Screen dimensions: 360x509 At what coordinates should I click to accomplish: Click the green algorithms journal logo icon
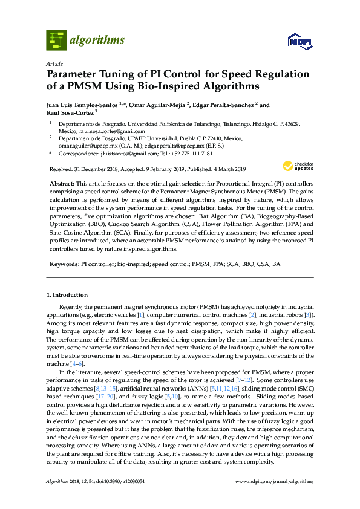click(56, 41)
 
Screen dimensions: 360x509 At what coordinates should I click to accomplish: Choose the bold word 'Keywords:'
click(64, 264)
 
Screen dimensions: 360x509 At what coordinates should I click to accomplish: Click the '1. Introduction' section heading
click(67, 295)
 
